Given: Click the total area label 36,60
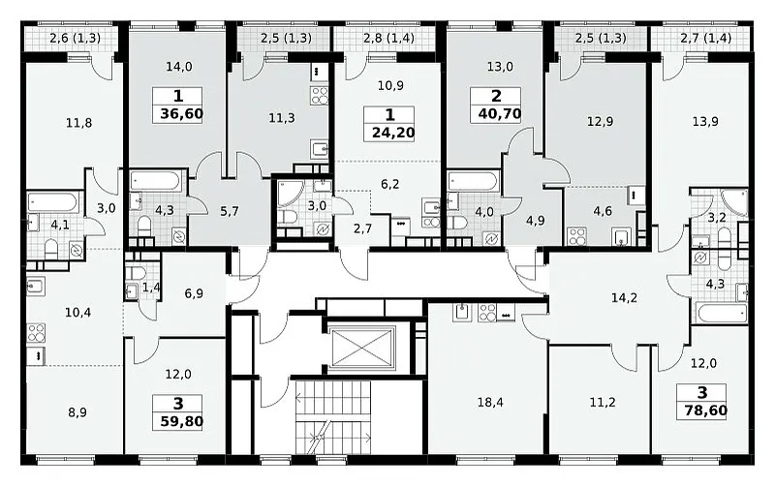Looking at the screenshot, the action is (181, 114).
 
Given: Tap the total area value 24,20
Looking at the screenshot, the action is (393, 133).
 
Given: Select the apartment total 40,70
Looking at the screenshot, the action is (500, 113).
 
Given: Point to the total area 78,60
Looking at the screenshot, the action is (706, 410).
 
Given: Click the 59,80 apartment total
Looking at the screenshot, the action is (181, 422).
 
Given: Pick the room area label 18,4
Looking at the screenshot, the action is (490, 403).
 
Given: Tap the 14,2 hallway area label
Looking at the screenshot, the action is (624, 298).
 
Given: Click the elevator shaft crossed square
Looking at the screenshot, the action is (362, 349).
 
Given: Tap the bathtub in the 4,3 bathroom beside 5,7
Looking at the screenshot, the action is (156, 180).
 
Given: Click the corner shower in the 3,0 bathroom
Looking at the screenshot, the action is (288, 193).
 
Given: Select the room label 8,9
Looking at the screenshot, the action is (77, 412).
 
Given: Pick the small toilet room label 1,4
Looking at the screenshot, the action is (151, 288).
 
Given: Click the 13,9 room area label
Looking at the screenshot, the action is (705, 122).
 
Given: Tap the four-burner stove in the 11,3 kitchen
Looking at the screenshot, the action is (320, 95).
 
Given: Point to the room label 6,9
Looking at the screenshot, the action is (194, 294).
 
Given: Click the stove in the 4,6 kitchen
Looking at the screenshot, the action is (576, 235).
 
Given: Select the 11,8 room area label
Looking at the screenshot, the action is (78, 123).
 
